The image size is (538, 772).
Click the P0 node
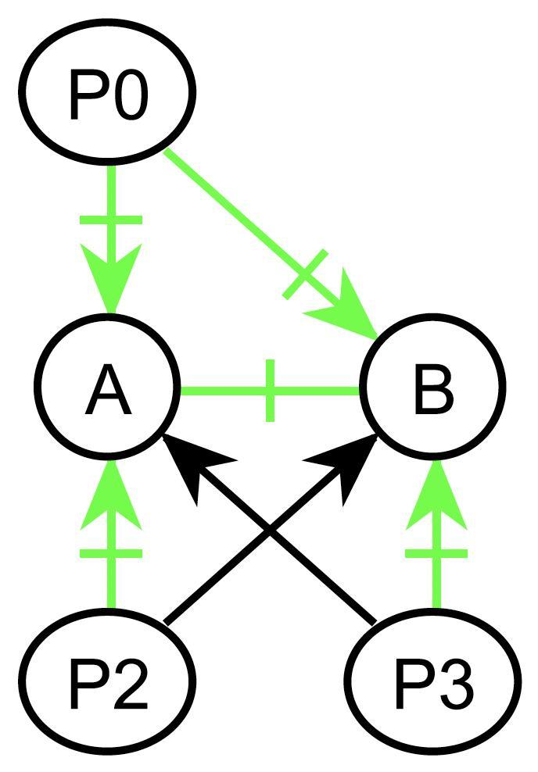[x=107, y=93]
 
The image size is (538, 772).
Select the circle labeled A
[x=107, y=388]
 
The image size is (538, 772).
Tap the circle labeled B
[x=432, y=388]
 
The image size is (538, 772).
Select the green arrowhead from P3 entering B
[x=436, y=500]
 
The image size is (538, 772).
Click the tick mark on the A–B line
[x=270, y=390]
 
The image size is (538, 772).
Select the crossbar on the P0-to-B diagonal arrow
[x=303, y=276]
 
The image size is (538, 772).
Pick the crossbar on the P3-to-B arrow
[x=436, y=554]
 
